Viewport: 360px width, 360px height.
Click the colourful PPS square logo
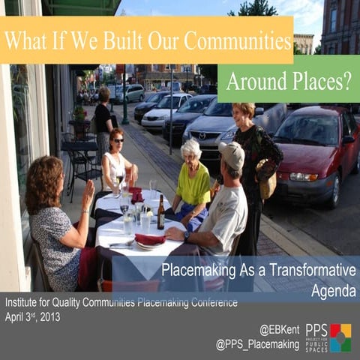pos(340,337)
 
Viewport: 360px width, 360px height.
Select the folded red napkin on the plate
pos(149,239)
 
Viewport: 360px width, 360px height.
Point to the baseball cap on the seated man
pos(232,154)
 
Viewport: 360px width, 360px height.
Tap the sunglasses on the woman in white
pos(118,140)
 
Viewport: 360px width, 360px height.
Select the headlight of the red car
pos(304,177)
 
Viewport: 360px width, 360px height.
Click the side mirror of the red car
pos(348,139)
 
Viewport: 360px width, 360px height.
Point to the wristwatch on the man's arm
pos(186,235)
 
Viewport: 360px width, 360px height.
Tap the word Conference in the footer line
pos(210,303)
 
